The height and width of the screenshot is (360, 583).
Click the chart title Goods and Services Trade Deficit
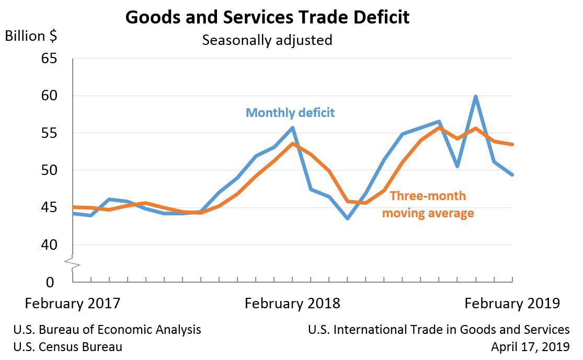267,17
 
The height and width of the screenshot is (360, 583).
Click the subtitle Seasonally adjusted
267,40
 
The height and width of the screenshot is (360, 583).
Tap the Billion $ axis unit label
31,37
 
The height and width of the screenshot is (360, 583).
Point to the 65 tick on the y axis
49,59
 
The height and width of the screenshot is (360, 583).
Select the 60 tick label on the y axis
49,96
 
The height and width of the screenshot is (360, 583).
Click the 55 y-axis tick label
49,133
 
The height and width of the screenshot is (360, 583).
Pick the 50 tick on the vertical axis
49,170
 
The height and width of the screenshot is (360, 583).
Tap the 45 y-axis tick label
49,207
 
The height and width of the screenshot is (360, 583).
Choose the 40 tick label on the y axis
49,245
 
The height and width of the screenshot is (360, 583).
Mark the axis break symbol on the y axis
72,263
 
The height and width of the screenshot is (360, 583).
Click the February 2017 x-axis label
72,304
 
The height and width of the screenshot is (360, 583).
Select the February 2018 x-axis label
292,304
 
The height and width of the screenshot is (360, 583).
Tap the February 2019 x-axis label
512,304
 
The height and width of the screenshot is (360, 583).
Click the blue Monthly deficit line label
290,113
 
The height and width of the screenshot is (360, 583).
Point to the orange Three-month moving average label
428,204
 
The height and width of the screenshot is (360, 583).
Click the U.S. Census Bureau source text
68,346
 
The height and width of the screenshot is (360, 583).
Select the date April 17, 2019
530,346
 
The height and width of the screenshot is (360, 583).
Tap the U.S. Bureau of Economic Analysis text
107,330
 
